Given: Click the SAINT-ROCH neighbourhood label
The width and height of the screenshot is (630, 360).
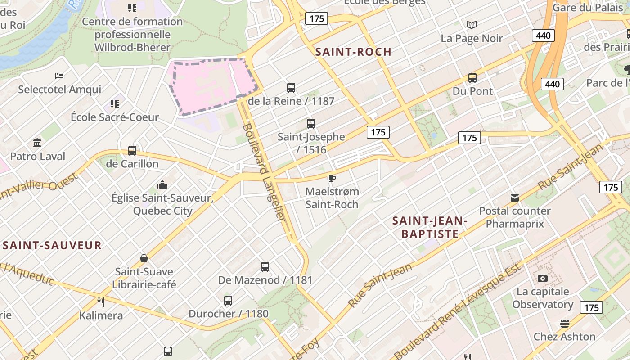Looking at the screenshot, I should (x=353, y=52).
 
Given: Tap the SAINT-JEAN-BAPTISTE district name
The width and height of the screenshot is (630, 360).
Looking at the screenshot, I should (x=430, y=227).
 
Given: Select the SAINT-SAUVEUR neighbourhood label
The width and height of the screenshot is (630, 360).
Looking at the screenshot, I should (x=52, y=245).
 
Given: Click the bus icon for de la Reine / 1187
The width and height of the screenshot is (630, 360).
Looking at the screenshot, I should (x=291, y=88).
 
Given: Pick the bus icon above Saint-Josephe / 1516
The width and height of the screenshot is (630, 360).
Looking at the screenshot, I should (x=310, y=123).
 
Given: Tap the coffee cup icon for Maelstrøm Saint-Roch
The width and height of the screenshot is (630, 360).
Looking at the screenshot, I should (x=332, y=179).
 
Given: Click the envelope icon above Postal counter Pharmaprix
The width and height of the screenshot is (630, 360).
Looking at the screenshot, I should (x=515, y=198).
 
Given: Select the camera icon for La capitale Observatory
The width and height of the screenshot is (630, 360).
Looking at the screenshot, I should (x=543, y=278).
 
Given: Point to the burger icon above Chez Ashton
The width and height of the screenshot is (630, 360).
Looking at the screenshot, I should (x=565, y=323).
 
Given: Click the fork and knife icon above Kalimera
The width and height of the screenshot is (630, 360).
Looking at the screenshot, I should (x=101, y=302).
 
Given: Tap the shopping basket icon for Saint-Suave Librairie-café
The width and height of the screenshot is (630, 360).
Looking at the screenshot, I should (x=144, y=258).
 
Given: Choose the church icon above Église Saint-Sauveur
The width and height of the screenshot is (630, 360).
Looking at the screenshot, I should (x=162, y=184).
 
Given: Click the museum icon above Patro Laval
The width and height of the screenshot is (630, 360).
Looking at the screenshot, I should (x=38, y=143).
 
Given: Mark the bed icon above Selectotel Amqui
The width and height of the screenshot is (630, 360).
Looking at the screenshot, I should (x=59, y=76).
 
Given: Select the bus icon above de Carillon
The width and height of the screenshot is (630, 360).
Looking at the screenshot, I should (x=132, y=150).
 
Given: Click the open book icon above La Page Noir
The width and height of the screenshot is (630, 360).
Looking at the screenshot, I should (x=472, y=25).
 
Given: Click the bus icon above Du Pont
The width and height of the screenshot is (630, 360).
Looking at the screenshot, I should (x=472, y=78).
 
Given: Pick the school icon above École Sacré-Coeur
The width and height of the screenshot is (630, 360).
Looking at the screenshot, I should (x=115, y=104).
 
